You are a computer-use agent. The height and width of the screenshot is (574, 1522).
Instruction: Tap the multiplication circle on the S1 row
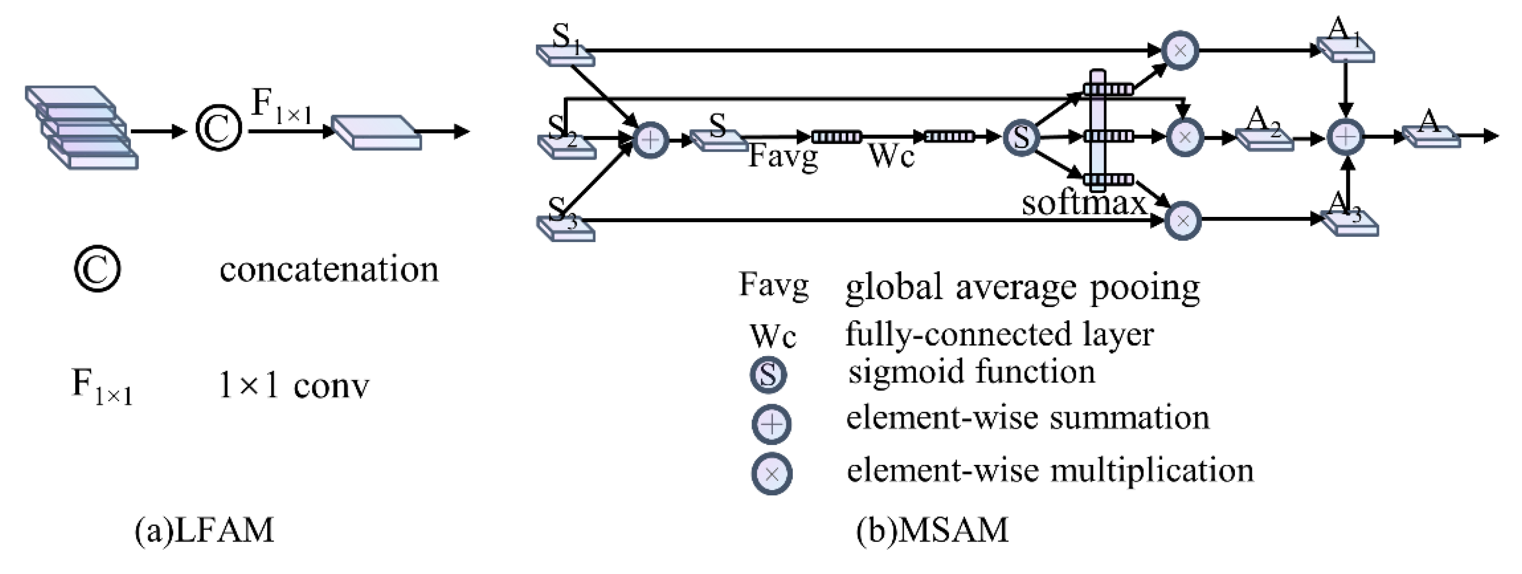(1180, 51)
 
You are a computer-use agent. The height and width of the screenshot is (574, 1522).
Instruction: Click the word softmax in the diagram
(1084, 203)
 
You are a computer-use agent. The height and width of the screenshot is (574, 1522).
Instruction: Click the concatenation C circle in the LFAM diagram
(219, 128)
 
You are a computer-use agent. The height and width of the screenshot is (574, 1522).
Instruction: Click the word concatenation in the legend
(329, 270)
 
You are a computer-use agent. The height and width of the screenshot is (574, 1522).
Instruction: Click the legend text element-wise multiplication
(1050, 471)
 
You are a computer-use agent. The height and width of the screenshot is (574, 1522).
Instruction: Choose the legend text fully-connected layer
(999, 335)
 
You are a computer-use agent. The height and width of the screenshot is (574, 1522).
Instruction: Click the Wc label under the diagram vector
(892, 157)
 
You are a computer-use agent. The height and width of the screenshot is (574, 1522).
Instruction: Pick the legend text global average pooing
(1022, 288)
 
